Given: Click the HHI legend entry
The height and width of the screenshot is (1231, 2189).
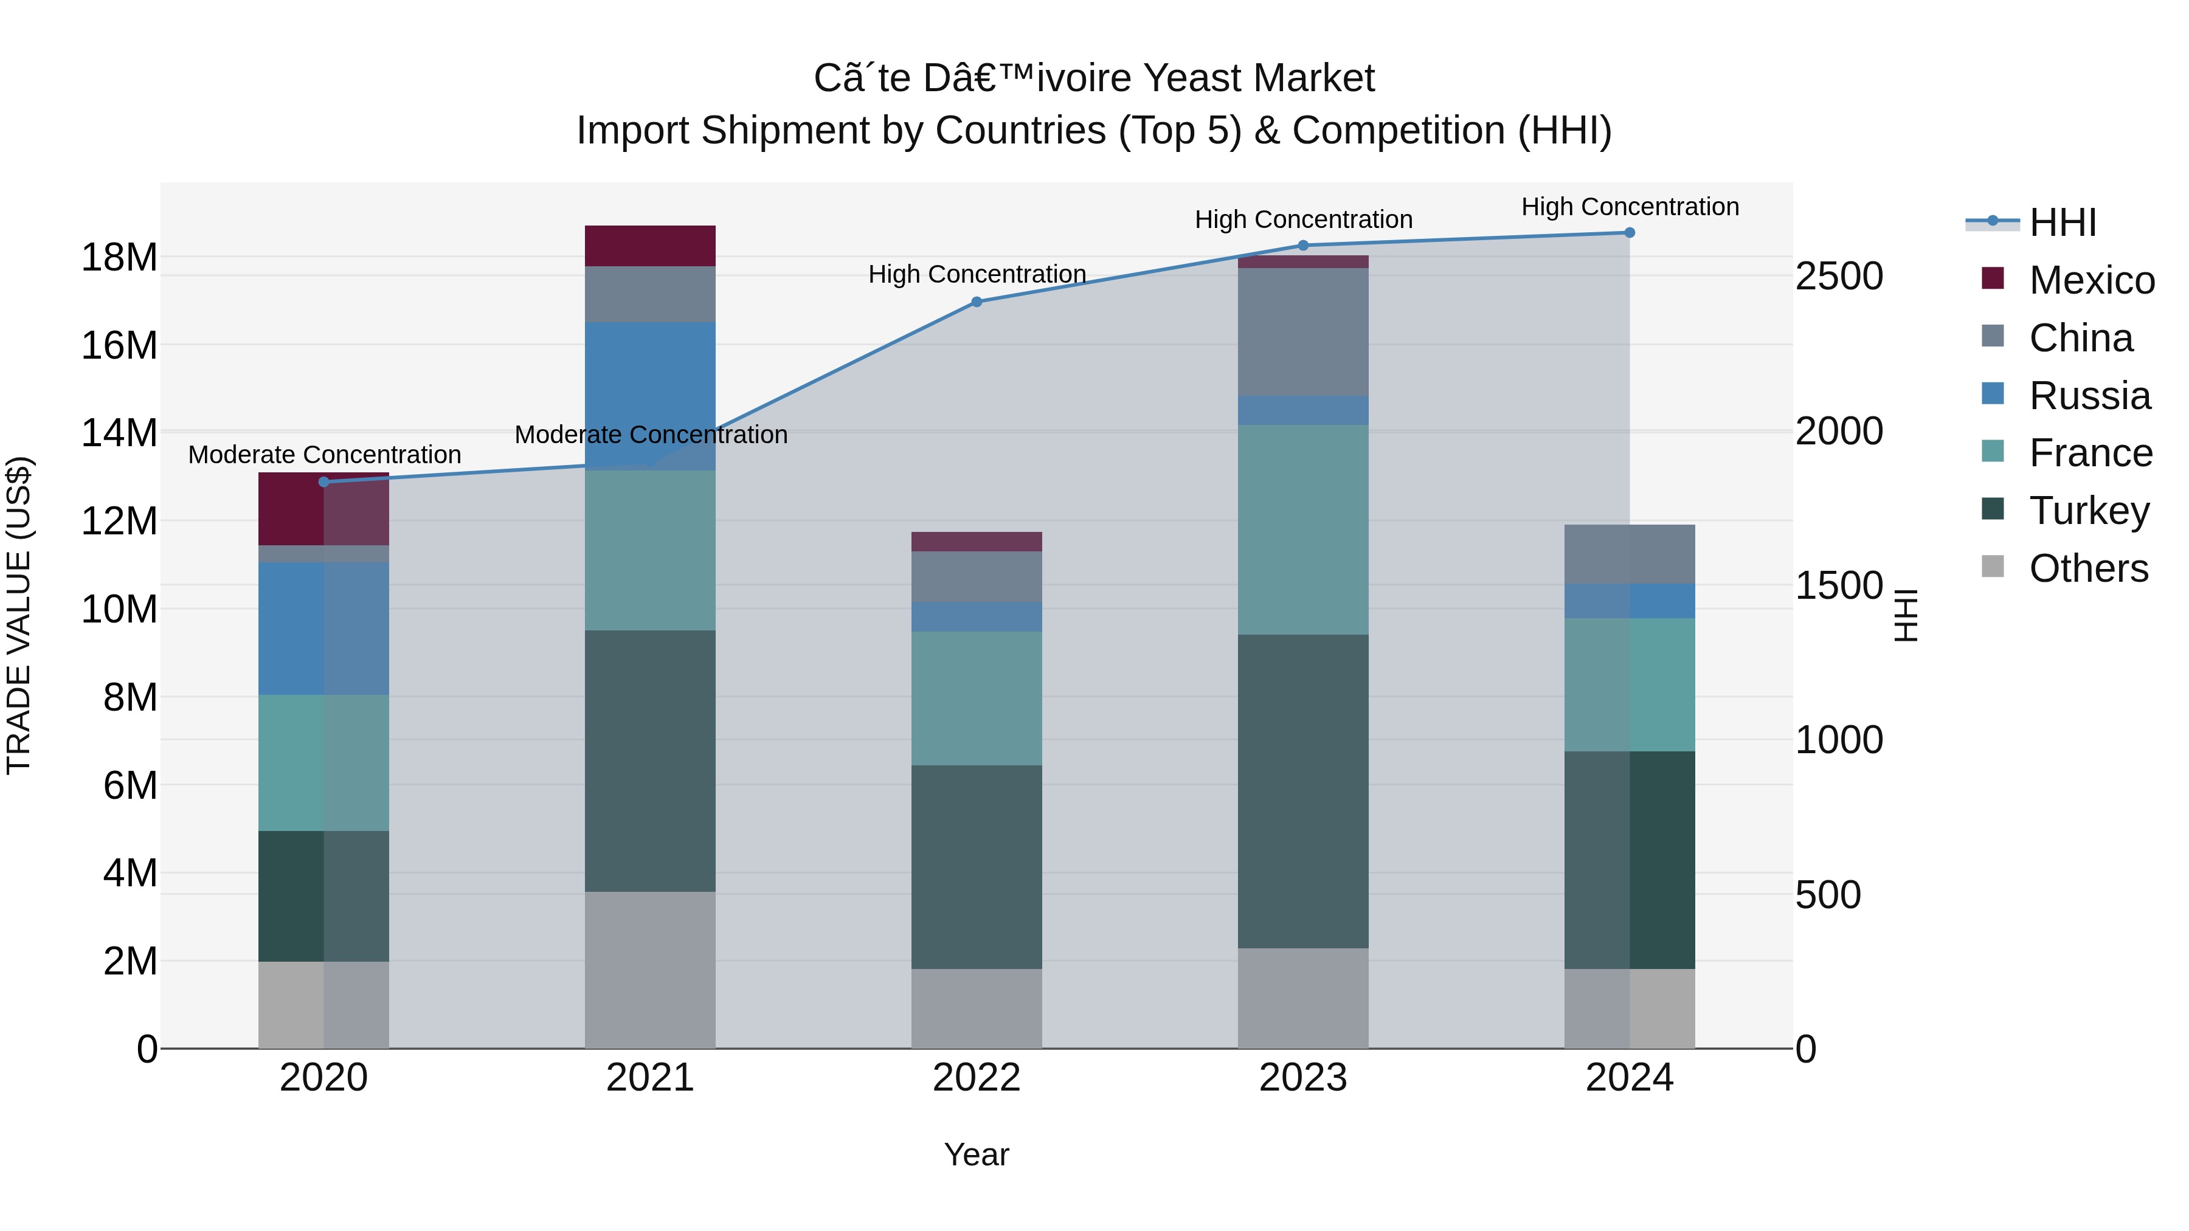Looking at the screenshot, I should click(2061, 222).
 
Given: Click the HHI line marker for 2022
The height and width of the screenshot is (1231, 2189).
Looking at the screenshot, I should click(977, 302).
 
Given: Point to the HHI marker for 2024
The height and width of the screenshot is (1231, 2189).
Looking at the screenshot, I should click(1629, 233).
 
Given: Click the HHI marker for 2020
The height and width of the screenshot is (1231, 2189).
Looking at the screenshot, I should click(323, 481).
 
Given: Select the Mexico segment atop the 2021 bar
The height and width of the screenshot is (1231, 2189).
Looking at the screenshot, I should click(650, 246).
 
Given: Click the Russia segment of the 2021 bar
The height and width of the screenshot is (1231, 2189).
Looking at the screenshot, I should click(650, 395).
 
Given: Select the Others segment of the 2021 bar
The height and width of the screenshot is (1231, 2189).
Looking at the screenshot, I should click(650, 970).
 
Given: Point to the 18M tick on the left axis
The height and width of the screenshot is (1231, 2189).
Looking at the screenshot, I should click(119, 257).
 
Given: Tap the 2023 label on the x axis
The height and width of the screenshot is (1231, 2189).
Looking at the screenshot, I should click(1302, 1077).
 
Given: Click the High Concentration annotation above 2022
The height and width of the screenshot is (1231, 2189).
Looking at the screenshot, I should click(977, 274).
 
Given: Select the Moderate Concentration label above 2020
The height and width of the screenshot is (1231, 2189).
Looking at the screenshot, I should click(325, 455).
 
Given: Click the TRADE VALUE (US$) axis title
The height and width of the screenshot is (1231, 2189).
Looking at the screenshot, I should click(19, 615).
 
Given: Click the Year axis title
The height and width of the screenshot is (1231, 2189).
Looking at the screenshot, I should click(977, 1154).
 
